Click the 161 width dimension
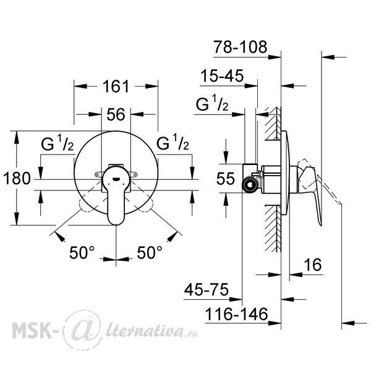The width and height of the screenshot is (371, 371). pos(116,87)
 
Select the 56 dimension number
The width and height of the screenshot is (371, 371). pos(116,114)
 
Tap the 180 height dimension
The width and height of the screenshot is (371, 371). pos(17,179)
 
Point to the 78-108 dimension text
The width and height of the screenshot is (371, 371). pos(240,47)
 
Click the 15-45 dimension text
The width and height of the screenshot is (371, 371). pos(222,76)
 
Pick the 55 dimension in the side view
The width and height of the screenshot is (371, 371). pos(226,179)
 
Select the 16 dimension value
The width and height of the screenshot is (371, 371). pos(313,265)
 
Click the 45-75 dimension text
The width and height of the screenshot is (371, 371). pos(207,289)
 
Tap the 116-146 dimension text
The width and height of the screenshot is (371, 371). pos(236,315)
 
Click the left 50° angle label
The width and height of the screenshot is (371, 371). pos(82,252)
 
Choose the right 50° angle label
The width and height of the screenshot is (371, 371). pos(150,252)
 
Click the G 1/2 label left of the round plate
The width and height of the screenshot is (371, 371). pos(58,143)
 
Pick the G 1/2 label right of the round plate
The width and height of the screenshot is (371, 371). pos(173,142)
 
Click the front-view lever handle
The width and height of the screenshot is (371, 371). pos(116,195)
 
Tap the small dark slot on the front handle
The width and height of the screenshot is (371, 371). pos(116,179)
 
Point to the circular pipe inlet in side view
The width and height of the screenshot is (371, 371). pos(249,184)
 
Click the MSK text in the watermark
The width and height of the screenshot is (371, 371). pos(32,329)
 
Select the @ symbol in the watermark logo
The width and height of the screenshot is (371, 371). pos(83,329)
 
